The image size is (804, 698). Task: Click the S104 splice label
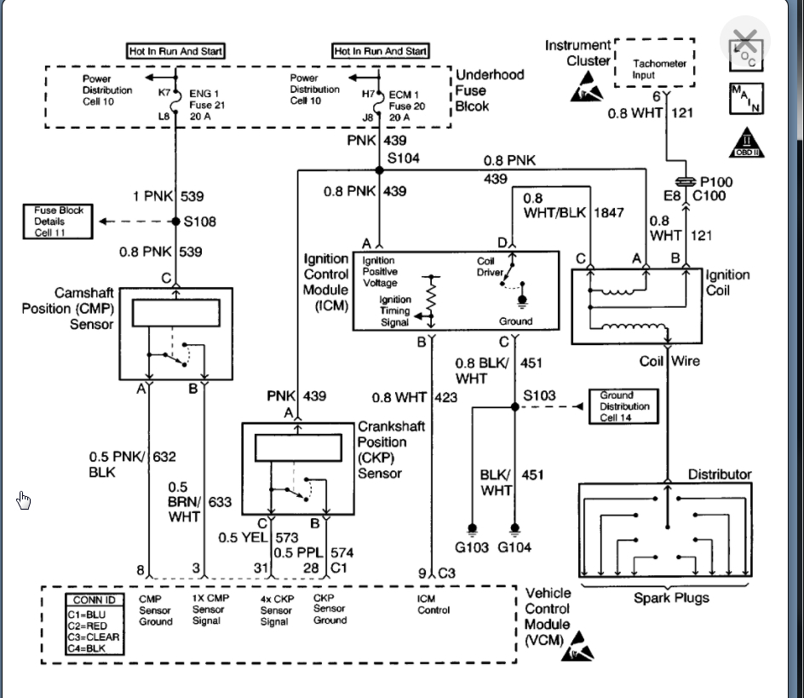click(x=403, y=159)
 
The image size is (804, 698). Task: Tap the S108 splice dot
click(x=175, y=222)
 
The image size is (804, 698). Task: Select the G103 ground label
click(x=471, y=547)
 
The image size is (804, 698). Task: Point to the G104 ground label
click(x=515, y=547)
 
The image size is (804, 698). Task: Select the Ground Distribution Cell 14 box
click(x=624, y=407)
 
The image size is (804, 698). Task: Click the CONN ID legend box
click(x=94, y=624)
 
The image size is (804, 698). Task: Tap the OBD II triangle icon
click(x=746, y=143)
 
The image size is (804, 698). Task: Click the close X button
click(x=745, y=41)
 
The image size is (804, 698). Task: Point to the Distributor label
click(x=720, y=474)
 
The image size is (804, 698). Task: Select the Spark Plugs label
click(x=671, y=597)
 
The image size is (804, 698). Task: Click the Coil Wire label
click(x=669, y=361)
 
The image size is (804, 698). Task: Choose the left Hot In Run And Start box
click(x=176, y=51)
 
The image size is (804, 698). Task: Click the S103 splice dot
click(x=514, y=407)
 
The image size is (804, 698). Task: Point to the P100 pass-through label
click(x=715, y=182)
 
